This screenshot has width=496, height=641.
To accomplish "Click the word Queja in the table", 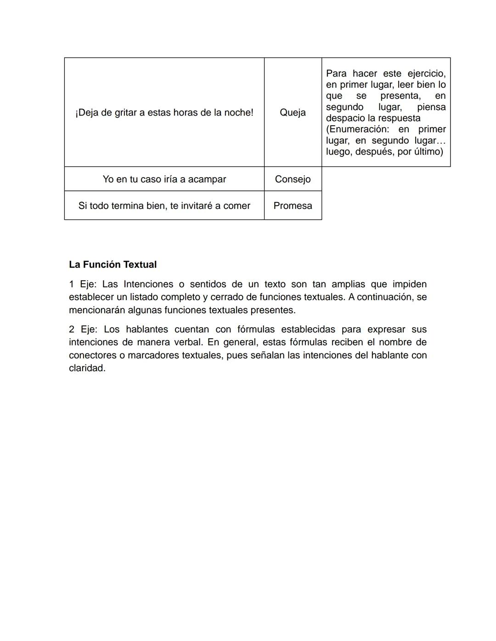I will [293, 112].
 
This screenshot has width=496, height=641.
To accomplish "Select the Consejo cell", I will [293, 179].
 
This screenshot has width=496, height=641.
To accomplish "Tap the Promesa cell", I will [293, 206].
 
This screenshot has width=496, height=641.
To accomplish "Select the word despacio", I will [345, 118].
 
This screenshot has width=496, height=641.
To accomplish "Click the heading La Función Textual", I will [113, 264].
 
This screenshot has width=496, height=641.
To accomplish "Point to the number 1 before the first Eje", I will [72, 284].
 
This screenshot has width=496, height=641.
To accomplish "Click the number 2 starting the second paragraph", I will [72, 329].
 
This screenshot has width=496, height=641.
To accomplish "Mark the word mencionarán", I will [97, 310].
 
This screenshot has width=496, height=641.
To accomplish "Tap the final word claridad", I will [87, 368].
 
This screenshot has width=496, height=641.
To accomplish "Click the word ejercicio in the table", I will [426, 73].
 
